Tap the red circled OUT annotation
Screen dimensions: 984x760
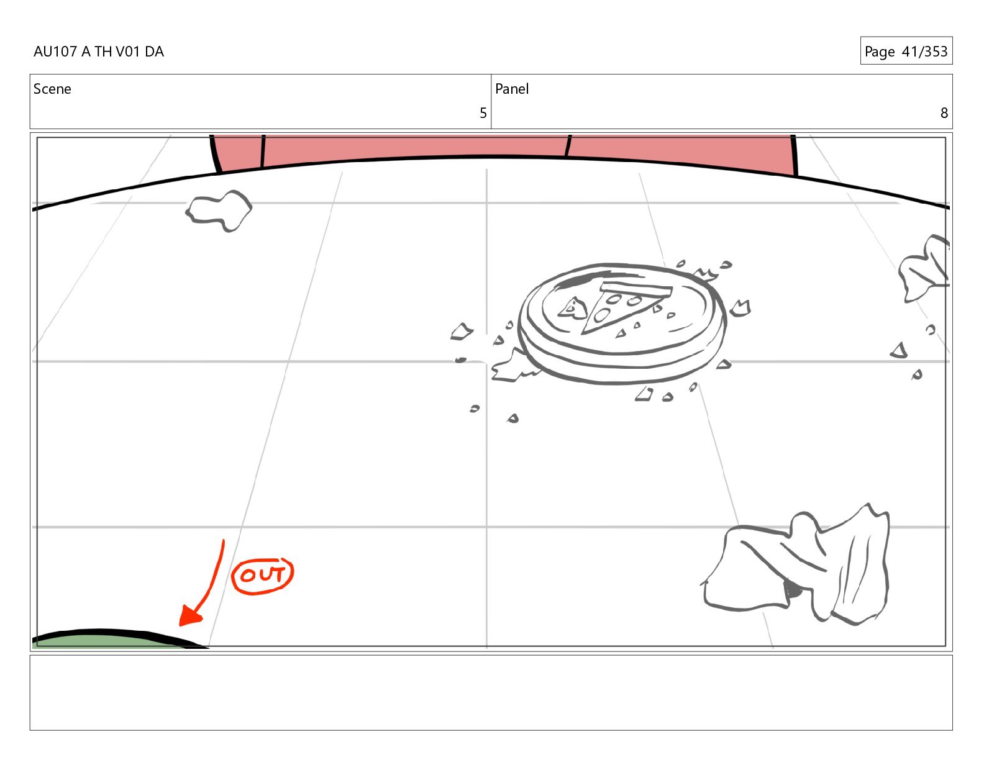pyautogui.click(x=263, y=576)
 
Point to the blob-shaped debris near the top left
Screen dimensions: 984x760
pyautogui.click(x=219, y=211)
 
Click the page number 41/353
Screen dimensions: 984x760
pyautogui.click(x=924, y=52)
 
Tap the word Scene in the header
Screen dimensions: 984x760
pyautogui.click(x=52, y=89)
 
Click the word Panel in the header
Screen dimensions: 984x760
pyautogui.click(x=512, y=89)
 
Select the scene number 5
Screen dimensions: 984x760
pyautogui.click(x=483, y=113)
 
